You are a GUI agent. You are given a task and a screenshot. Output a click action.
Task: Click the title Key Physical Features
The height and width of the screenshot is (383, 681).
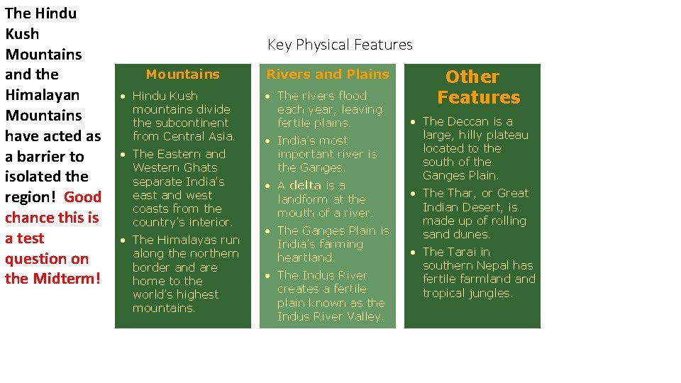(x=340, y=45)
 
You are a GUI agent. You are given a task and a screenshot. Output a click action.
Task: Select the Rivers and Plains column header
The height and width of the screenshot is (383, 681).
(x=327, y=74)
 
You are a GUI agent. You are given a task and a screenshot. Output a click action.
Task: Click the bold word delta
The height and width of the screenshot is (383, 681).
(x=305, y=185)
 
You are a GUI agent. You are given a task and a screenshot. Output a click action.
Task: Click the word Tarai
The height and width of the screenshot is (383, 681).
(x=462, y=252)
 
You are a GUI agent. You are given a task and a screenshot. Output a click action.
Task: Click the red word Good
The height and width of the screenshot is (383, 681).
(x=83, y=196)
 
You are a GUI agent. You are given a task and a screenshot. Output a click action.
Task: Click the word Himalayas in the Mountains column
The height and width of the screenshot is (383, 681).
(x=182, y=240)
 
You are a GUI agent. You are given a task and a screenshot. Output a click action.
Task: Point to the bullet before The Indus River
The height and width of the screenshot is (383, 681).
(x=267, y=276)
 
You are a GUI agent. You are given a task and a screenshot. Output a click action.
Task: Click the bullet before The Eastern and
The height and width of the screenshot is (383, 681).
(x=123, y=155)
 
